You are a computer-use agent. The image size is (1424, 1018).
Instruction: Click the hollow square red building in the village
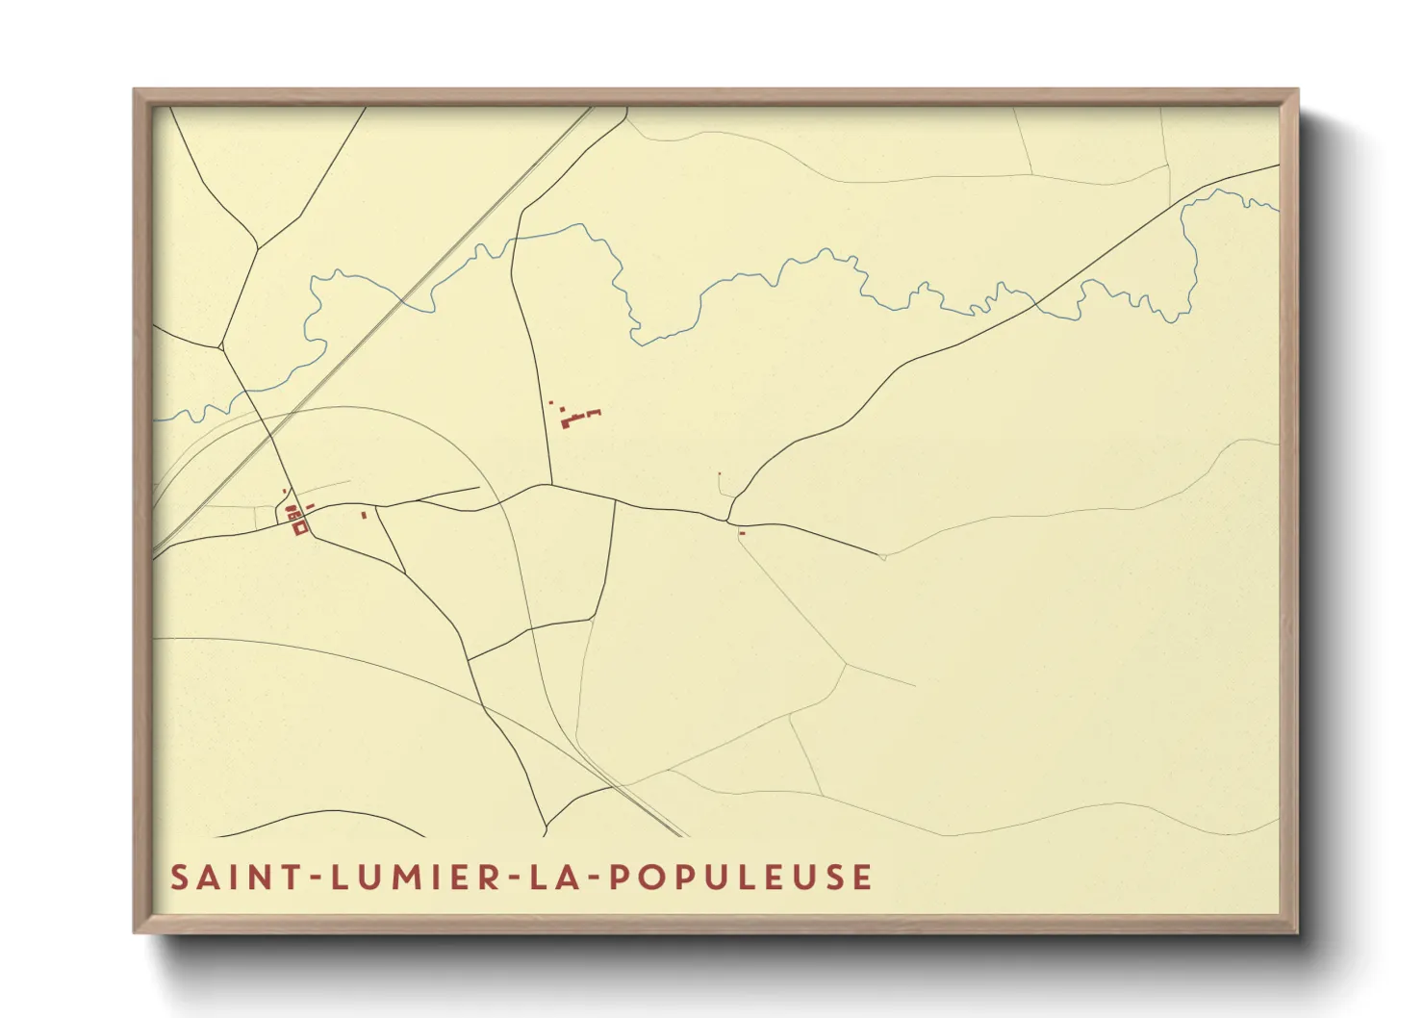pyautogui.click(x=299, y=527)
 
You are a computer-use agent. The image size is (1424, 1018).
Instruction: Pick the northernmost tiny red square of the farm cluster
pyautogui.click(x=550, y=402)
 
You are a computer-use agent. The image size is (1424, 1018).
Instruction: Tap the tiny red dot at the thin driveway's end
pyautogui.click(x=719, y=473)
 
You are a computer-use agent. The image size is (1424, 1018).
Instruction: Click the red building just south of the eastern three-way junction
pyautogui.click(x=742, y=532)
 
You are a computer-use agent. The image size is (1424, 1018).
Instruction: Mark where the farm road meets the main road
pyautogui.click(x=551, y=484)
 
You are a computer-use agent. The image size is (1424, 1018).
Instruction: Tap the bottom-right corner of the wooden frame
pyautogui.click(x=1297, y=931)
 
